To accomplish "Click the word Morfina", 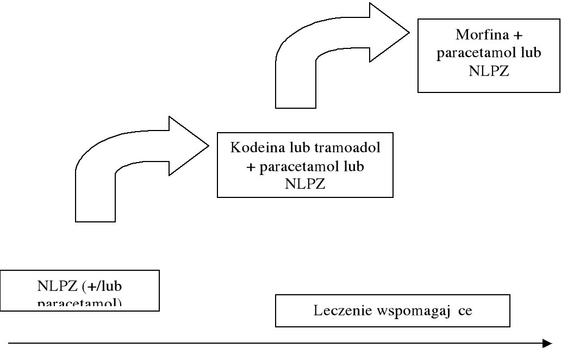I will click(476, 36).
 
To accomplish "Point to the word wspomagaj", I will click(411, 312).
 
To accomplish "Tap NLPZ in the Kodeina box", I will click(305, 184).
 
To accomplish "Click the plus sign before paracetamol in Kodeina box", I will click(251, 167).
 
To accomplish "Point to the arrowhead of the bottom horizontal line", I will click(547, 343).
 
